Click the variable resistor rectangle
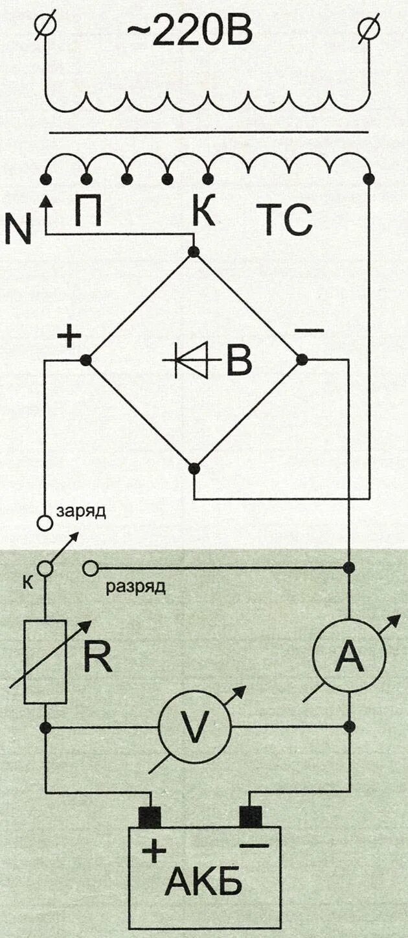(45, 661)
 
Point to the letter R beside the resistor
(98, 659)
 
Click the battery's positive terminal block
(150, 816)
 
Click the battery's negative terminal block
(251, 816)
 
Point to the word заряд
(81, 510)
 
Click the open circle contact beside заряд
(45, 522)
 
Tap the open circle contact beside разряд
(91, 569)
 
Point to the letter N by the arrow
(18, 229)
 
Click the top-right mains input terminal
(369, 27)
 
